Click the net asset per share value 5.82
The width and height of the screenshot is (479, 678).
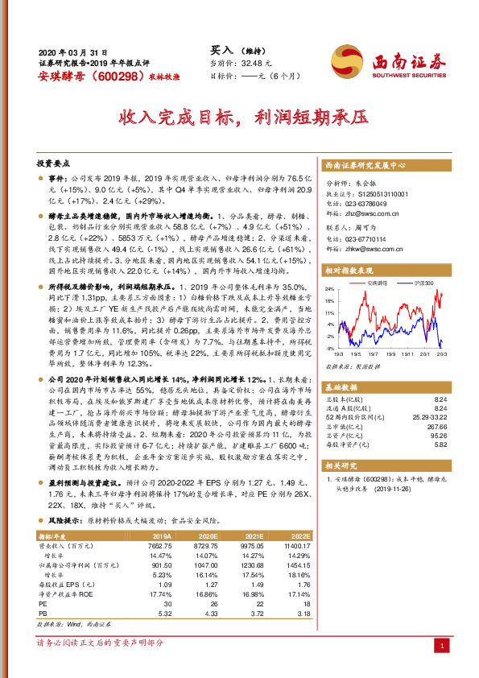[441, 443]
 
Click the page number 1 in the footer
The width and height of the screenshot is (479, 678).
[442, 646]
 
